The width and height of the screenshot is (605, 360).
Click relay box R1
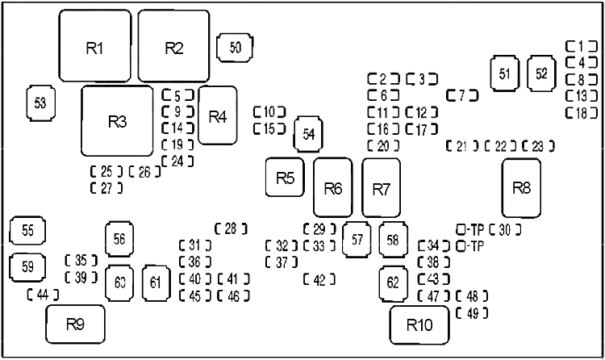(x=95, y=47)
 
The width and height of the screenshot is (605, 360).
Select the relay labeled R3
(x=118, y=121)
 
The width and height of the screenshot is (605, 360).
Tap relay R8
(x=521, y=188)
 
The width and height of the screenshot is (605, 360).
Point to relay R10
(x=419, y=325)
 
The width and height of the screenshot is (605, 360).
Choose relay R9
(x=75, y=324)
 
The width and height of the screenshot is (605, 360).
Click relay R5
(x=284, y=178)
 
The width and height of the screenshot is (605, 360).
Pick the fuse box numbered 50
(x=236, y=47)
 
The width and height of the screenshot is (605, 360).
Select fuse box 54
(x=307, y=134)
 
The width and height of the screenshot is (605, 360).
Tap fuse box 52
(x=542, y=73)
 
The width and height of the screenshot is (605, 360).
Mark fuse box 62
(x=393, y=283)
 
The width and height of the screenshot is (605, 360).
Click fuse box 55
(x=27, y=231)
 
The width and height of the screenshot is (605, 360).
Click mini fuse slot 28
(x=231, y=228)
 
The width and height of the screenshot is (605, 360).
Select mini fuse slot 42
(x=319, y=279)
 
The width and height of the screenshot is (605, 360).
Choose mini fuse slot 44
(x=43, y=295)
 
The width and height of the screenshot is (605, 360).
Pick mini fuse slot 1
(x=580, y=46)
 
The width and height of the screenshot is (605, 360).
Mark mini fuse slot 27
(x=106, y=188)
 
